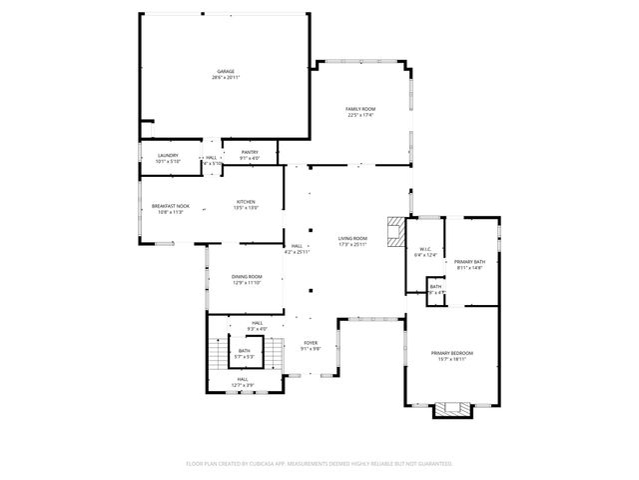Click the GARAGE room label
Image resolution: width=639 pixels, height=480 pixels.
(226, 71)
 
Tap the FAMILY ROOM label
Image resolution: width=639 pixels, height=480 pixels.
(359, 108)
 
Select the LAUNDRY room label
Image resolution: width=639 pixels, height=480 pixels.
(168, 155)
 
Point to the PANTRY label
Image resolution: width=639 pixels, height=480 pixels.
(250, 152)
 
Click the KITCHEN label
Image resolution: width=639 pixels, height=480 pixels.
(246, 201)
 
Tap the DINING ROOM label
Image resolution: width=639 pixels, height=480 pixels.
(247, 276)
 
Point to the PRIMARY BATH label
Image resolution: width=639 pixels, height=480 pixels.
(468, 261)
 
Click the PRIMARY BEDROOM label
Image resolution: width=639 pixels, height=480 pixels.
(451, 353)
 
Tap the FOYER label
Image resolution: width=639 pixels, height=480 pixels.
(311, 343)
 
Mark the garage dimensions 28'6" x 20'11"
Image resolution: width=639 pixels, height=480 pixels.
(226, 78)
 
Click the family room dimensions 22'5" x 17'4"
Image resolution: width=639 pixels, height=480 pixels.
(359, 115)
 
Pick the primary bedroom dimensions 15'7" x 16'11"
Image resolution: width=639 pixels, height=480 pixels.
(451, 360)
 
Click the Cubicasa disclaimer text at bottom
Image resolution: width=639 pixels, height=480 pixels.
(319, 463)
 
